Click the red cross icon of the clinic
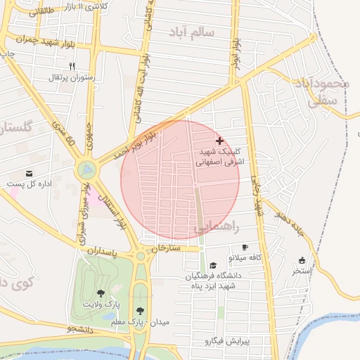point(219,141)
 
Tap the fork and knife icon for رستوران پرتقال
point(71,66)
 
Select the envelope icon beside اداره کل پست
point(29,174)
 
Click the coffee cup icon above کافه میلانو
point(245,247)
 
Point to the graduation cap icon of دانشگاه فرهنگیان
point(213,265)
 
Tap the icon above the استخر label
point(302,260)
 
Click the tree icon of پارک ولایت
point(100,293)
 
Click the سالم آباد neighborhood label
point(191,32)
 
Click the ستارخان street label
point(165,248)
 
